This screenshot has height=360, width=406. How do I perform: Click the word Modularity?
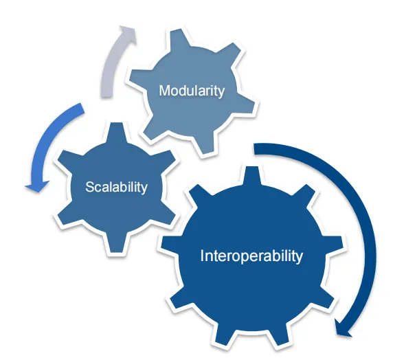(192, 91)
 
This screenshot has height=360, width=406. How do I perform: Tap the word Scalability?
(117, 187)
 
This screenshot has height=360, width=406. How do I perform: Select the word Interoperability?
(251, 256)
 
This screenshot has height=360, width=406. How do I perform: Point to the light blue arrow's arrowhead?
(37, 185)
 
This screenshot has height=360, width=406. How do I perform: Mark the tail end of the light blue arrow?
(82, 108)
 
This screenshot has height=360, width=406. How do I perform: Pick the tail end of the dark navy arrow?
(255, 149)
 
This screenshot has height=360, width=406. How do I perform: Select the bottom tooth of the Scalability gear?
(116, 243)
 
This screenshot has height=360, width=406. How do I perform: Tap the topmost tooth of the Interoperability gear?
(251, 175)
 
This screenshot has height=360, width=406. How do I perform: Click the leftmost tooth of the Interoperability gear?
(169, 245)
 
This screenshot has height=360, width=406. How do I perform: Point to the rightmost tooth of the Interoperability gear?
(334, 245)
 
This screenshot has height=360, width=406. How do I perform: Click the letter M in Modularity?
(164, 91)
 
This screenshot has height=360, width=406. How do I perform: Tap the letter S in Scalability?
(89, 187)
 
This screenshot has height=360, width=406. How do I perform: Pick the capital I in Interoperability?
(202, 256)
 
